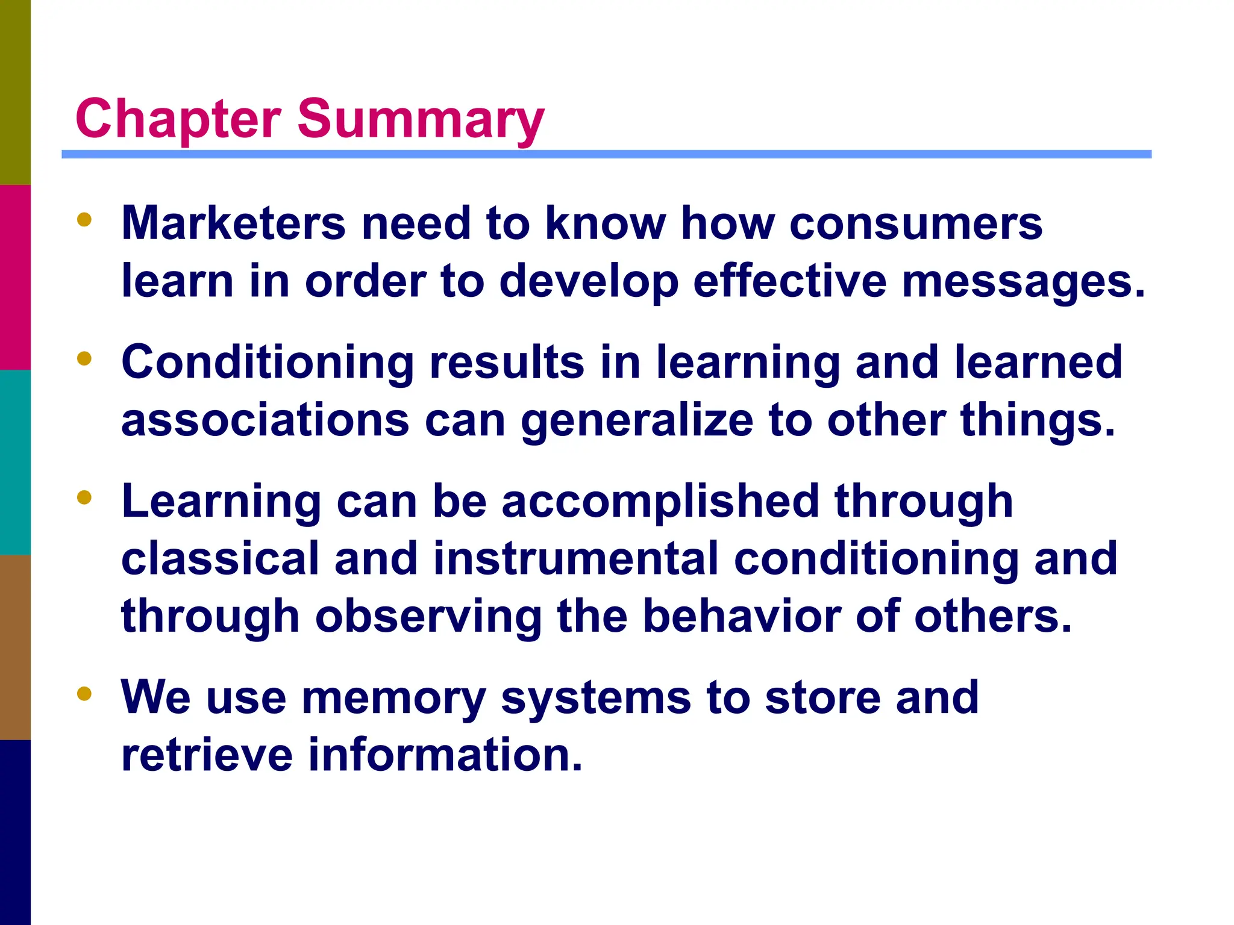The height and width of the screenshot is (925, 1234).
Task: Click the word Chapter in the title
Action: point(178,119)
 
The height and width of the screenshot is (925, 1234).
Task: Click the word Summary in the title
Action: point(421,119)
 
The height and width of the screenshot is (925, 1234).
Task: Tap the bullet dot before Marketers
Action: point(84,220)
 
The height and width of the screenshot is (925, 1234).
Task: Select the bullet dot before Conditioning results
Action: point(84,359)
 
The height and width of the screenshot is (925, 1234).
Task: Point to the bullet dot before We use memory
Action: point(84,694)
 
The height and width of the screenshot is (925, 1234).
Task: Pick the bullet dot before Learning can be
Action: point(84,498)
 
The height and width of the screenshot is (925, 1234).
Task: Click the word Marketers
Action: point(233,223)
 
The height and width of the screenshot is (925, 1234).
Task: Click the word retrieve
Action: point(207,755)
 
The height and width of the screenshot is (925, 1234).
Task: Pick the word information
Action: point(445,755)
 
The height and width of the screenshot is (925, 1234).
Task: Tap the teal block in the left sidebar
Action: point(15,462)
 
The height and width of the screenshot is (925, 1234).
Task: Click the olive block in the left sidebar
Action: point(15,92)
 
